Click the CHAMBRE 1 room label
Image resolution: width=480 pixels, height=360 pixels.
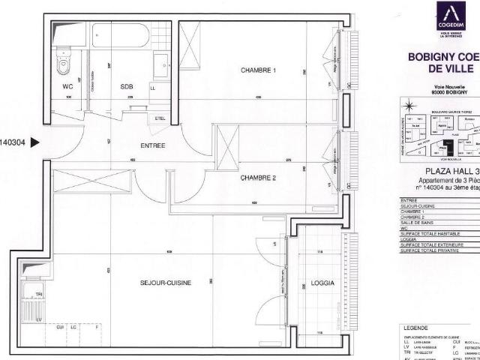tap(258, 70)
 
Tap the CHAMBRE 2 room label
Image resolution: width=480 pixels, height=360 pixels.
tap(259, 178)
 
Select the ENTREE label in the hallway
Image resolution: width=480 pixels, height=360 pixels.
tap(152, 145)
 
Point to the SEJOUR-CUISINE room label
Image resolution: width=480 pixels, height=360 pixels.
tap(166, 283)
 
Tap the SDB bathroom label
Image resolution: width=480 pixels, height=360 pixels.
tap(126, 87)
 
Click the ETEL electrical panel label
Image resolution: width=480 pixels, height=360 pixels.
tap(160, 118)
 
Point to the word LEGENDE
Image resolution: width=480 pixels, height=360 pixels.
tap(418, 328)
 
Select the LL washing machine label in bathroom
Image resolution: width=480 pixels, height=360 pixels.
tap(153, 88)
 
